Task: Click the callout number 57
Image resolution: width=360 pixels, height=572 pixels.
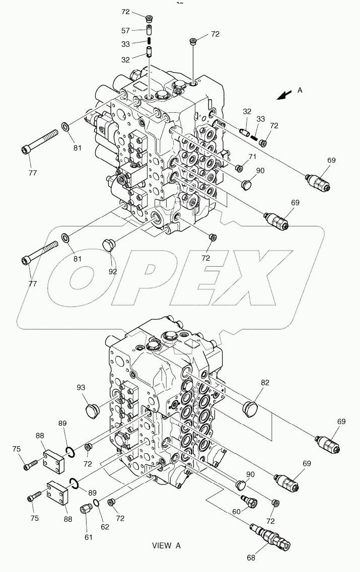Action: point(126,31)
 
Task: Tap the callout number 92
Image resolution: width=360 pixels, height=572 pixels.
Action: point(112,271)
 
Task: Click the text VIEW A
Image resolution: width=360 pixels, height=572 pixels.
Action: point(166,545)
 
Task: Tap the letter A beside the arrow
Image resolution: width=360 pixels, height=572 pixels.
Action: point(300,91)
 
